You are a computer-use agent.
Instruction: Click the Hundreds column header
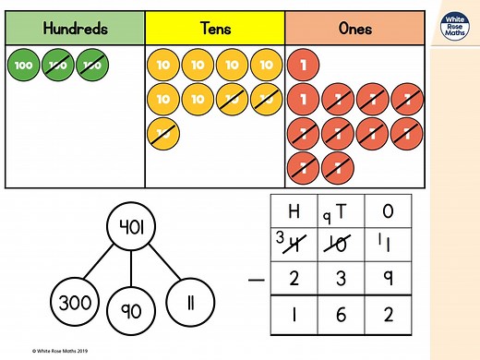[x=76, y=29]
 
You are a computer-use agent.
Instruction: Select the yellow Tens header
[x=214, y=29]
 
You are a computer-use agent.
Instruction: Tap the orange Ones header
[x=354, y=29]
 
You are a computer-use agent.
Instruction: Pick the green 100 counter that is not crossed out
[x=25, y=66]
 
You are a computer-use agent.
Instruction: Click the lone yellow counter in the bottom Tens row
[x=163, y=133]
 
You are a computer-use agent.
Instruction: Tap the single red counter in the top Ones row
[x=303, y=66]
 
